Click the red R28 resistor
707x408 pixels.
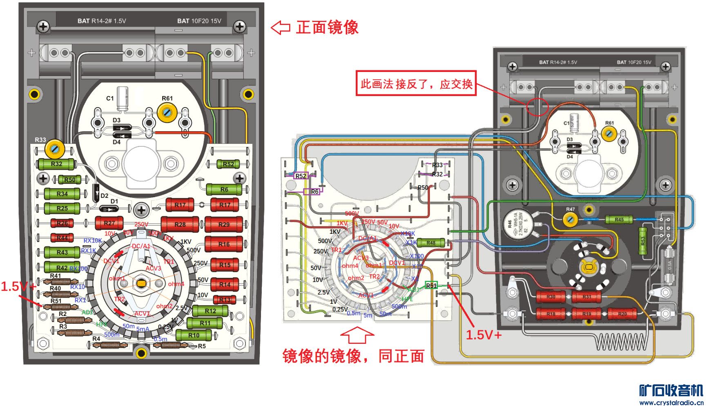click(x=180, y=224)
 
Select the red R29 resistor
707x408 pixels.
click(x=224, y=224)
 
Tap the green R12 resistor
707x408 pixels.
click(x=210, y=311)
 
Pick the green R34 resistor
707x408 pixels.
click(x=62, y=194)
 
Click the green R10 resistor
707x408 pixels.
click(x=194, y=336)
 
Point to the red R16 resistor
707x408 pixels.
click(x=224, y=244)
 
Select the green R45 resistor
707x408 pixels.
click(x=619, y=220)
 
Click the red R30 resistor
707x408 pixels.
click(x=551, y=297)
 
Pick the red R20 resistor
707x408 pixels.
click(x=622, y=314)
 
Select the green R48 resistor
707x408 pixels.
click(x=431, y=243)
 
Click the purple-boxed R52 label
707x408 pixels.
click(x=301, y=176)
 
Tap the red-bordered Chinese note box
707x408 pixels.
click(x=416, y=83)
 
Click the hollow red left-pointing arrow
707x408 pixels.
click(x=280, y=27)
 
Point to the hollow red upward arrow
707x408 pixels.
click(x=357, y=335)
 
